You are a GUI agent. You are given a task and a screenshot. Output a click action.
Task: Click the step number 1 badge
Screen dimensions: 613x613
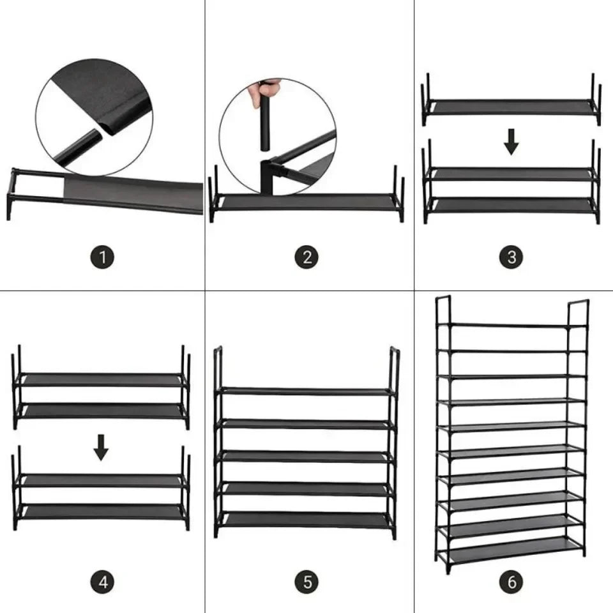(102, 258)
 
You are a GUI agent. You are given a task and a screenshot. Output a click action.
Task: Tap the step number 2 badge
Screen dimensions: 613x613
(307, 258)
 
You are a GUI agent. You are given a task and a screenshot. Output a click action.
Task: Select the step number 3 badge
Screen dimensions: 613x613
(511, 258)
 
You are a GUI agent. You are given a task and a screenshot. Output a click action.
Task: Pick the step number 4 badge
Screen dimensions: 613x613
(102, 582)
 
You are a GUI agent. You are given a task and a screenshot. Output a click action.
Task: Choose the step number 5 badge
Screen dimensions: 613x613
(307, 582)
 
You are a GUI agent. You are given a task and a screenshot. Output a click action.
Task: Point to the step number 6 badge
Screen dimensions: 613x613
(511, 582)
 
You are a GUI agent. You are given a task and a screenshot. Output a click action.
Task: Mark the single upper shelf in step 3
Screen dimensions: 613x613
(511, 107)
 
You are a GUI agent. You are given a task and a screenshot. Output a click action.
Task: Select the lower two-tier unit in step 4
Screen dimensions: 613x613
(101, 496)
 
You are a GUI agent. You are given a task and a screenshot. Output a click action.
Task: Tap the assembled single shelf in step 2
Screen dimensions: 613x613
(306, 202)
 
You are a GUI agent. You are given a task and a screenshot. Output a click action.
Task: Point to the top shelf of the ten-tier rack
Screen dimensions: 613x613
(511, 326)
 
